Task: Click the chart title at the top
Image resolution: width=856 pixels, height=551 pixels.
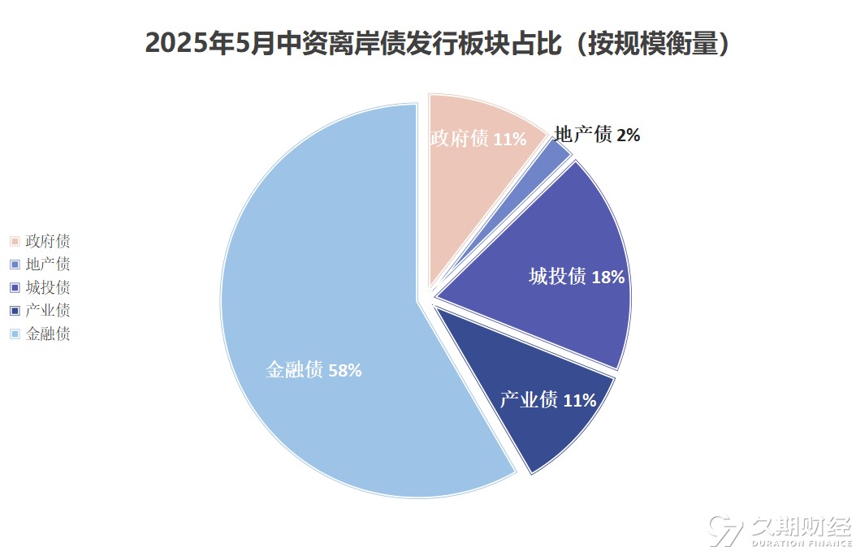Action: point(438,42)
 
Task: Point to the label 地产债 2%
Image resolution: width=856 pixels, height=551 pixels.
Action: point(597,135)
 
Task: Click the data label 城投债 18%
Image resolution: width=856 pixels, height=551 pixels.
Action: point(577,277)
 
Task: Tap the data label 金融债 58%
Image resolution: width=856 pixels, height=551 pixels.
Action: point(313,371)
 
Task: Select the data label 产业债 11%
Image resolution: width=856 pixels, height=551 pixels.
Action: point(547,400)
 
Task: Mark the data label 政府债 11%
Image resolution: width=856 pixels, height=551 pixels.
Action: point(478,139)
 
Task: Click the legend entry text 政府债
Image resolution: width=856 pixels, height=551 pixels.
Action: point(48,241)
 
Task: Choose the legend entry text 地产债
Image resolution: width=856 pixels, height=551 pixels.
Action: point(48,264)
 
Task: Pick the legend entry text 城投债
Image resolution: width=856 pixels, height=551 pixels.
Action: point(48,287)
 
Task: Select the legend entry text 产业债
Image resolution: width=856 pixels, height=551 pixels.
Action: point(48,310)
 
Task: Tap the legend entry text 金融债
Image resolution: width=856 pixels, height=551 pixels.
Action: point(48,334)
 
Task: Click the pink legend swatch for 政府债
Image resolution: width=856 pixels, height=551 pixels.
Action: point(15,241)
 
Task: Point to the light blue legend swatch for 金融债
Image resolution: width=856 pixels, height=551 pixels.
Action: point(15,334)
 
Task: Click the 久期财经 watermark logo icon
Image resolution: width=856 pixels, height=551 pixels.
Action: point(725,530)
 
